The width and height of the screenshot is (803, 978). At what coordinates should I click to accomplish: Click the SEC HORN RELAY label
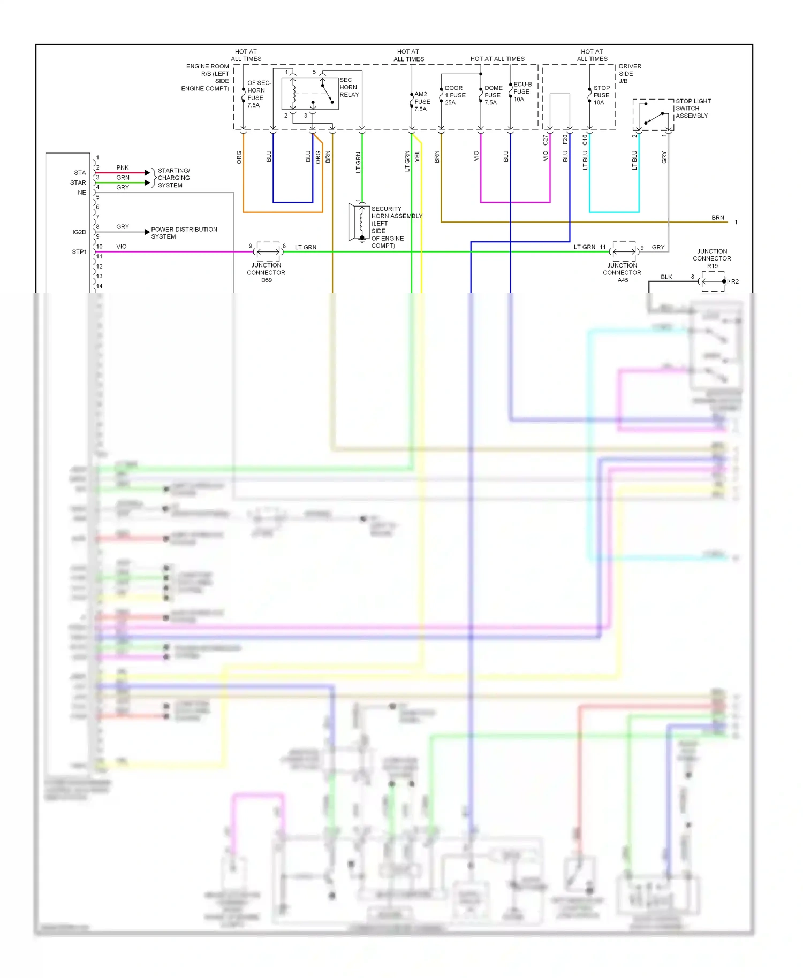(349, 87)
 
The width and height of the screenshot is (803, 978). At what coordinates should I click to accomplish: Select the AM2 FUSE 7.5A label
(422, 102)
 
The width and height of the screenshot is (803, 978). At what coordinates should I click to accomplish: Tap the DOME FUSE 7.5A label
(493, 95)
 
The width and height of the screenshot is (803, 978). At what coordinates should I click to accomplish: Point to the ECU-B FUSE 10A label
(522, 91)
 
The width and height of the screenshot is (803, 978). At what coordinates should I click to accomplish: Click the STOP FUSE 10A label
(601, 95)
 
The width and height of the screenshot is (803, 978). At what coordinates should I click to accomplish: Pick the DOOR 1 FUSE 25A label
(455, 95)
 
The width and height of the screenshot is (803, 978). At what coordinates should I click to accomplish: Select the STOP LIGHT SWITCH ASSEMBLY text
(693, 108)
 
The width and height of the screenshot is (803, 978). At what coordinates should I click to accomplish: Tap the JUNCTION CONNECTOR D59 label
(266, 272)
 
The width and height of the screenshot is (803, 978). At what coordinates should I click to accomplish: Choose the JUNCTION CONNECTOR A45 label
(622, 272)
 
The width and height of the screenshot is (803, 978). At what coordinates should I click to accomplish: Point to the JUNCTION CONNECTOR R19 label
(711, 258)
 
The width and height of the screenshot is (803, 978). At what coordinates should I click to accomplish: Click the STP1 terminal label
(79, 252)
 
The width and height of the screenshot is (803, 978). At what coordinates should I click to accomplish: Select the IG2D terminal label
(79, 232)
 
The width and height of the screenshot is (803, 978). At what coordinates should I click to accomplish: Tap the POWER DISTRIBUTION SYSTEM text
(184, 233)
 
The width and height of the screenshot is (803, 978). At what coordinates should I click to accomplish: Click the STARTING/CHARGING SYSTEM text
(173, 178)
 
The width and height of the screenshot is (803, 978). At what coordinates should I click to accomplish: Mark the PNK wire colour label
(123, 167)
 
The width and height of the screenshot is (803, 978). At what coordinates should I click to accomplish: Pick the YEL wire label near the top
(418, 156)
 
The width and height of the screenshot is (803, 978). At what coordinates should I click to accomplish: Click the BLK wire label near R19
(666, 277)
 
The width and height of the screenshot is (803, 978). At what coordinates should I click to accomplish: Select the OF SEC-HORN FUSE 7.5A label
(259, 94)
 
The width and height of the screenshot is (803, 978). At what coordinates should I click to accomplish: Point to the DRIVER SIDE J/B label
(630, 74)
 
